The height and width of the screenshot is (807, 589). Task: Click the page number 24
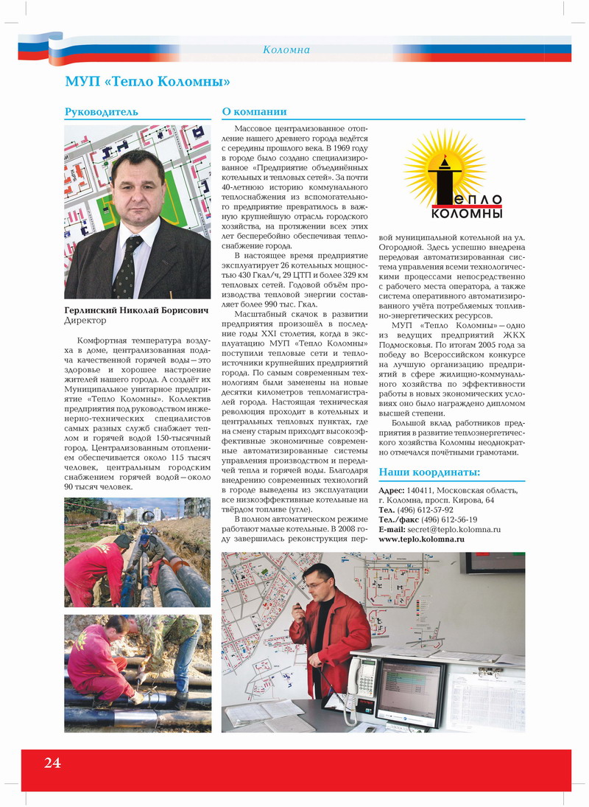click(x=52, y=763)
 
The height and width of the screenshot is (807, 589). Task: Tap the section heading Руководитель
click(x=102, y=112)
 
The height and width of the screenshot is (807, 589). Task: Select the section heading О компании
click(x=254, y=112)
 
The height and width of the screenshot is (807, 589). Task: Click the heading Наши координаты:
click(x=429, y=472)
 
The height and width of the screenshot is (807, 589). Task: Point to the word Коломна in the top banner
click(x=286, y=50)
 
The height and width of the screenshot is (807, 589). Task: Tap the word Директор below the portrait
click(x=85, y=321)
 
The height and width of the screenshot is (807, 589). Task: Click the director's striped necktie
click(x=127, y=266)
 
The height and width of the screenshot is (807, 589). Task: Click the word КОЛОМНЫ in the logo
click(x=466, y=214)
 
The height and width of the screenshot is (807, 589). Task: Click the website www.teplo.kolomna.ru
click(x=421, y=539)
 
